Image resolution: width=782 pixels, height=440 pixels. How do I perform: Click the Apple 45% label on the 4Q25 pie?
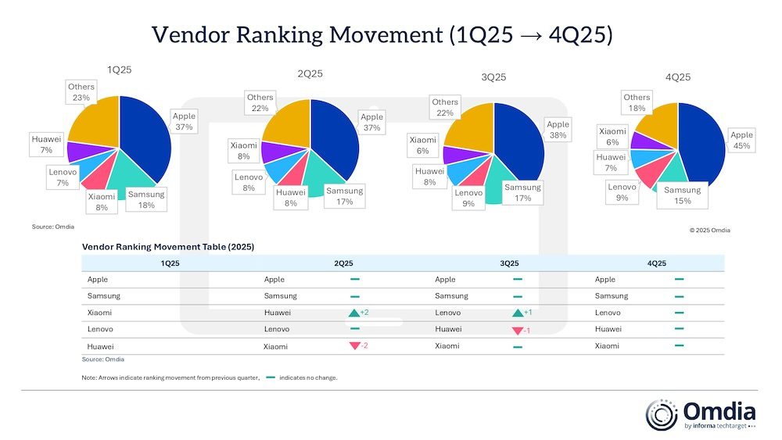[741, 141]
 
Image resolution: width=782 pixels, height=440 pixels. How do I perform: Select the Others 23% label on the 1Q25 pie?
[81, 92]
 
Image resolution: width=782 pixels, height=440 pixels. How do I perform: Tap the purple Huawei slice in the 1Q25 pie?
[81, 150]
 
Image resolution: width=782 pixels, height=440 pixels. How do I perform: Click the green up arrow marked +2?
[354, 313]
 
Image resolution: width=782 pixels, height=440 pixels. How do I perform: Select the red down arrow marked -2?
[354, 346]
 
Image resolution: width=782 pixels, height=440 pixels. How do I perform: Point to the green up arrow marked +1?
[517, 313]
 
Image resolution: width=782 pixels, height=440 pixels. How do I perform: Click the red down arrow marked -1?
[517, 330]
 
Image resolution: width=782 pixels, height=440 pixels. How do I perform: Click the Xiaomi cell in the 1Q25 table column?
[99, 313]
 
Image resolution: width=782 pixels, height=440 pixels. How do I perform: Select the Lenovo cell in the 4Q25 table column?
[608, 313]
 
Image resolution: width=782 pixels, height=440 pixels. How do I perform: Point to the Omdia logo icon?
[662, 415]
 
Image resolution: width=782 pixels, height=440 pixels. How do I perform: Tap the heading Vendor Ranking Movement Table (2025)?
[167, 246]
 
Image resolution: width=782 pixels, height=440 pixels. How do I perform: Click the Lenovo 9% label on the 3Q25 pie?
[468, 198]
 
